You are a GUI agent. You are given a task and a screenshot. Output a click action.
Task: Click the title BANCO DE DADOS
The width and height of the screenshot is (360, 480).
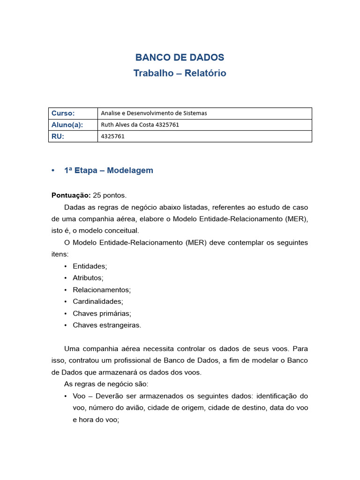coord(180,58)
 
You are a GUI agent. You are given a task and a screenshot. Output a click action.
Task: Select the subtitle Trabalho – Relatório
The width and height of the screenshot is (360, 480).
coord(180,73)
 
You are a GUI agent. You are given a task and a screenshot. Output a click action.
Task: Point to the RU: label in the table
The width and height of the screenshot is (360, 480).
coord(58,136)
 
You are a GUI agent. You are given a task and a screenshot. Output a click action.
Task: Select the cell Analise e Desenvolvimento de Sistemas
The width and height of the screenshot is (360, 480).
coord(154,113)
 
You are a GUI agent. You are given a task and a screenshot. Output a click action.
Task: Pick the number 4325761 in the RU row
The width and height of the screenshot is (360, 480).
coord(113,136)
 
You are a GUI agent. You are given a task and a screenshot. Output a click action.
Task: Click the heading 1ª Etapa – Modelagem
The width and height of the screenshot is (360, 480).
coord(108,171)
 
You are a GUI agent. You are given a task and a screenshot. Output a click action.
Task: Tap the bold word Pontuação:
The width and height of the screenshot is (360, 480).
coord(71,195)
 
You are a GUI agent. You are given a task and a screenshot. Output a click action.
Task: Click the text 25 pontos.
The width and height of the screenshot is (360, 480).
coord(110,195)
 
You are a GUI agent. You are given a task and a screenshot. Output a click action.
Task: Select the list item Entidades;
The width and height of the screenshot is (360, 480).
coord(90,266)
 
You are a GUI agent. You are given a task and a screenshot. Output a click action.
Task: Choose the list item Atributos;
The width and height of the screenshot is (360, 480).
coord(88,278)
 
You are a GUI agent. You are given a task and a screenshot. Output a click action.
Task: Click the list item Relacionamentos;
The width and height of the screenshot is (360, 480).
coord(102,290)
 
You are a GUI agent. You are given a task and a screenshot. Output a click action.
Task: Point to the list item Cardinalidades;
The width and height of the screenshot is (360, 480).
coord(98,302)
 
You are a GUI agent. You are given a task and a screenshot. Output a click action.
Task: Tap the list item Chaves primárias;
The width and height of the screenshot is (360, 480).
coord(102,314)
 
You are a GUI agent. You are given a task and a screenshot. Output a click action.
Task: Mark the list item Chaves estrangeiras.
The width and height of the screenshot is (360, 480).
coord(107,325)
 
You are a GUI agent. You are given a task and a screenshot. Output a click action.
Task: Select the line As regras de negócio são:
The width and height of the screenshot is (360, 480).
coord(106,384)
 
